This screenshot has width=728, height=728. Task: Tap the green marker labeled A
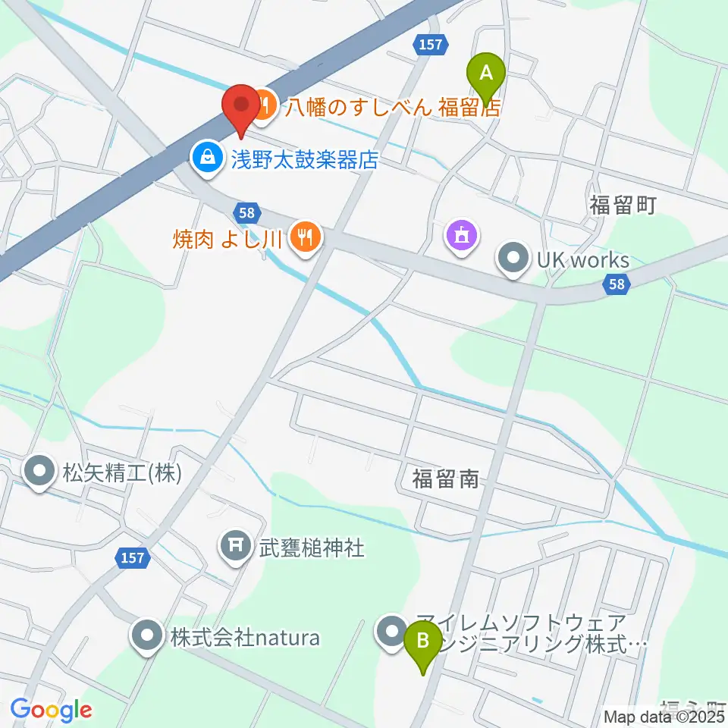coord(488,74)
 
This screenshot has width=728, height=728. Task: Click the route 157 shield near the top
coord(429,45)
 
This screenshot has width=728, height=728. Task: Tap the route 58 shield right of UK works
coord(617,284)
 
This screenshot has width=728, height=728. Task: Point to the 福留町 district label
coord(621,205)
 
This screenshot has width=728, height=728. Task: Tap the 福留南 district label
coord(445,478)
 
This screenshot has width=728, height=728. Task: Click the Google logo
coord(51,711)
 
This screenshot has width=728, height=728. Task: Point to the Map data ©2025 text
coord(665,717)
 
